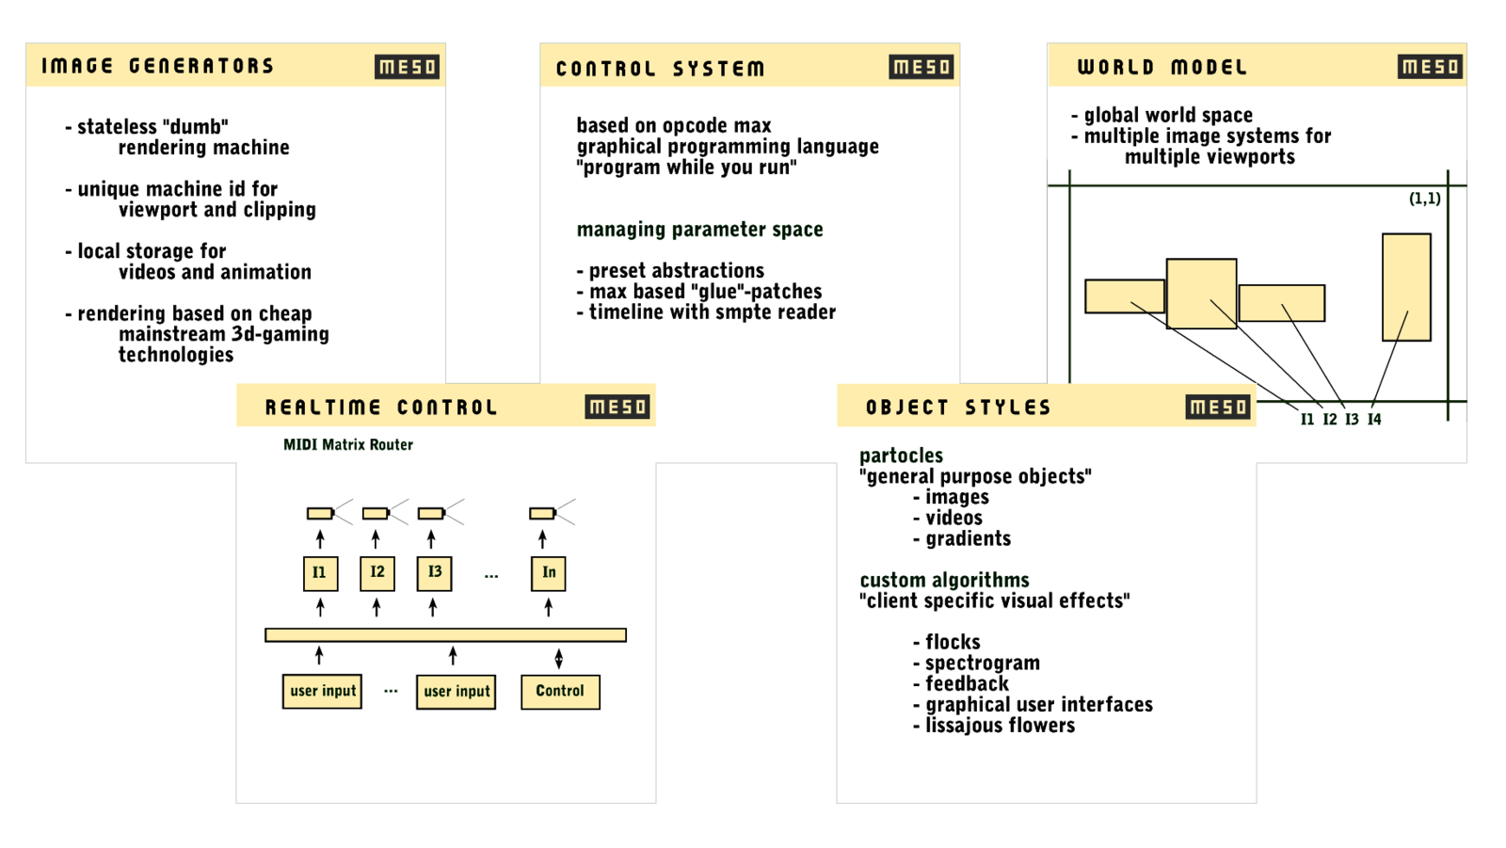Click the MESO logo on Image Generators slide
(x=407, y=67)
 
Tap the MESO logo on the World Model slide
(x=1430, y=67)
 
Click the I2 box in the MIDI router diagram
(x=377, y=572)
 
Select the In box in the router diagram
(x=549, y=572)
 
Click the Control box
(x=560, y=691)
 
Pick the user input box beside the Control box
(x=457, y=691)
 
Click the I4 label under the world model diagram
(x=1374, y=420)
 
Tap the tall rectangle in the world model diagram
(x=1406, y=287)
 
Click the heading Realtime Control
(x=381, y=408)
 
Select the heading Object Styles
(x=958, y=408)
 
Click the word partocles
(x=901, y=456)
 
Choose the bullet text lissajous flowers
(x=1000, y=726)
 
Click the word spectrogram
(x=983, y=663)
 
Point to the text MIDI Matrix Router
(x=348, y=444)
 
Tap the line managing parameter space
(x=699, y=230)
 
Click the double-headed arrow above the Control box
(x=559, y=658)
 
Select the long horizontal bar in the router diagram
(x=445, y=635)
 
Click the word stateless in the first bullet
(x=117, y=127)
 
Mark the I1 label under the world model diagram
(x=1307, y=420)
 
